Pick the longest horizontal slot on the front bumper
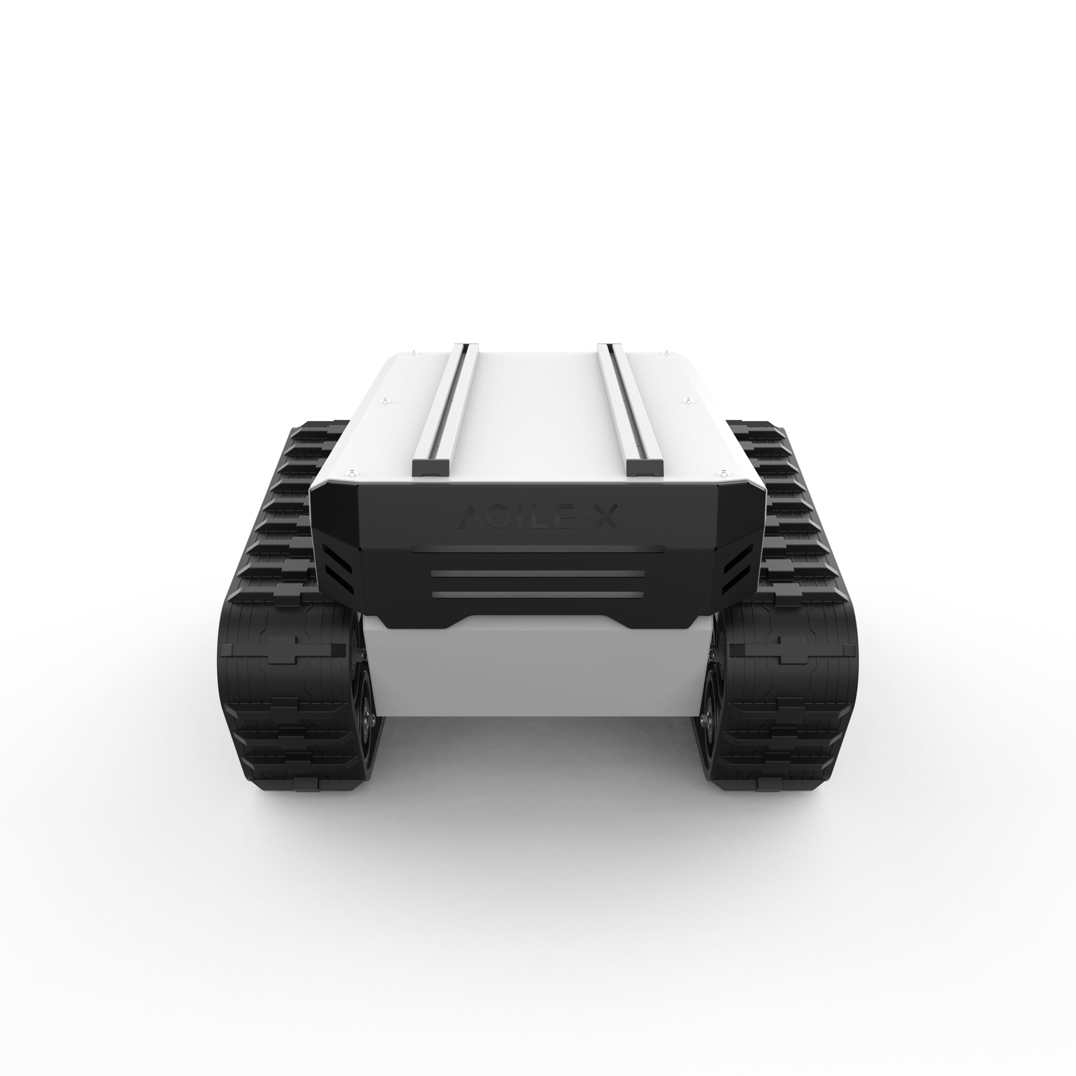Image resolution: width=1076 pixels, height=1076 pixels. (538, 550)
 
